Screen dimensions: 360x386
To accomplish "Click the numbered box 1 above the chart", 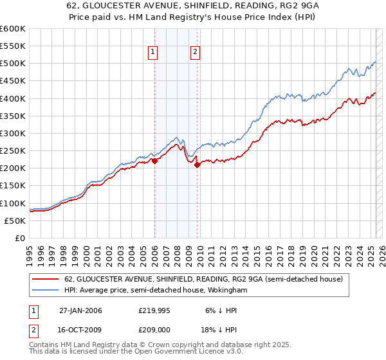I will [x=154, y=53].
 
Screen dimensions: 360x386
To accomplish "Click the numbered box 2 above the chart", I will [x=194, y=53].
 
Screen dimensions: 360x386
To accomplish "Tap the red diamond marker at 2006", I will [x=154, y=161].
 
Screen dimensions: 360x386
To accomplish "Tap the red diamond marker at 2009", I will [x=197, y=165].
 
